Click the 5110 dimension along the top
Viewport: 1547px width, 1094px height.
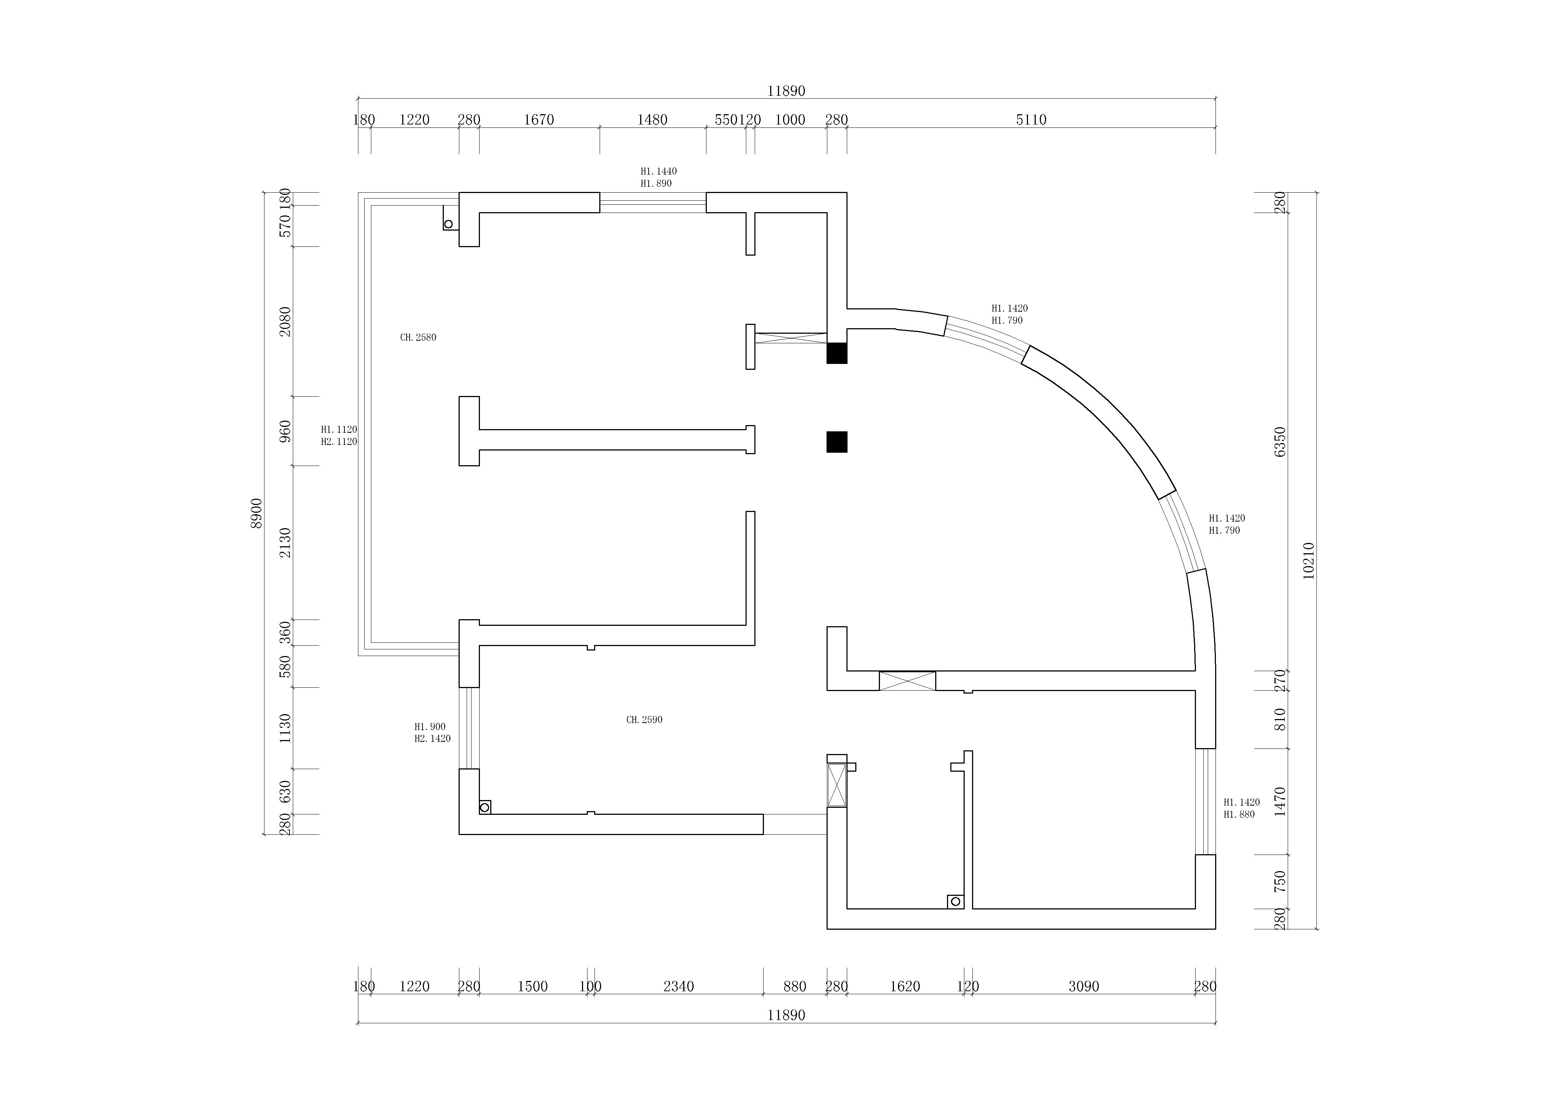click(1031, 120)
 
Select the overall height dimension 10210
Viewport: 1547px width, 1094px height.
click(1308, 561)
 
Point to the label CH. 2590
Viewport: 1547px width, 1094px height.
click(644, 719)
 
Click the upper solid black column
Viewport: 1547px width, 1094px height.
click(837, 353)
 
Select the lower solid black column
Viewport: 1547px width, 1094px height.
click(837, 442)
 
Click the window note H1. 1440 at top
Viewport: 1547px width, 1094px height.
click(658, 172)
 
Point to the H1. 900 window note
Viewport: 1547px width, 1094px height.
click(430, 727)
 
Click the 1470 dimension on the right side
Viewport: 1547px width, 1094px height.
click(1280, 802)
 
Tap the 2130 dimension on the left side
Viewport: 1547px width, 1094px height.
click(286, 542)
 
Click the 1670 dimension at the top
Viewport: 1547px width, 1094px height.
click(539, 120)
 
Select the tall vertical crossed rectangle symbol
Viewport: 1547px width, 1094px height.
click(837, 785)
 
